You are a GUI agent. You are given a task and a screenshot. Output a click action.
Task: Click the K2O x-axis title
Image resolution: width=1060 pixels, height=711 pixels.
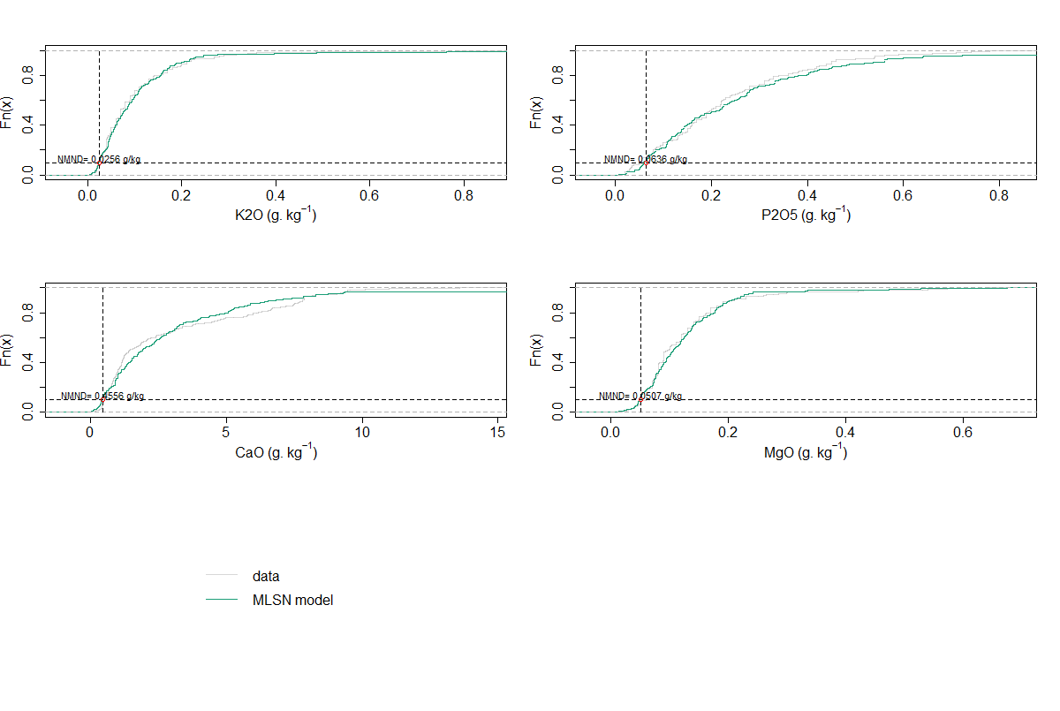[x=276, y=215]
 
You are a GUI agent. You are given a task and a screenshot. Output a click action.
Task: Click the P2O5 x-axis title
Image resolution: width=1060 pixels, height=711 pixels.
[x=805, y=215]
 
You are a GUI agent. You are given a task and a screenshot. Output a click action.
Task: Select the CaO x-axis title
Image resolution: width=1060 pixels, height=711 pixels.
[x=276, y=452]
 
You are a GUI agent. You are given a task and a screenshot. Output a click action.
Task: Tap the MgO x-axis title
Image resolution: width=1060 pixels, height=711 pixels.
[x=805, y=452]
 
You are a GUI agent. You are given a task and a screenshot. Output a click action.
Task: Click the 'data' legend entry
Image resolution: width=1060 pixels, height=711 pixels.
[x=265, y=576]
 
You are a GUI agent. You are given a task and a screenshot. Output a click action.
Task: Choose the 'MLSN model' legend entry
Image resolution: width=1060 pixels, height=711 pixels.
[x=292, y=600]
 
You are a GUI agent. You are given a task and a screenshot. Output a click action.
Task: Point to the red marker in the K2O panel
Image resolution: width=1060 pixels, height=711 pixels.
[x=100, y=163]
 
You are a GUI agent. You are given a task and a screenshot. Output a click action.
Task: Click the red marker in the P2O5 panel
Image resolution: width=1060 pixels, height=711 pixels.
[x=647, y=163]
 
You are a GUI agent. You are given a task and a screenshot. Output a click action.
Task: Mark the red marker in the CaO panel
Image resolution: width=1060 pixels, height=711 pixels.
[x=103, y=399]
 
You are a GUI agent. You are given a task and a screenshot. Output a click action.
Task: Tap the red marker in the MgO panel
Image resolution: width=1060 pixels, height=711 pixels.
[x=640, y=399]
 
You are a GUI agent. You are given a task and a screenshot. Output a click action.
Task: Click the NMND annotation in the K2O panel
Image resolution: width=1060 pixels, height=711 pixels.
[x=99, y=159]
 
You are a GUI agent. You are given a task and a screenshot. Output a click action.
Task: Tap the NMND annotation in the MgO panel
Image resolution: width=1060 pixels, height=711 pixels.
[x=640, y=396]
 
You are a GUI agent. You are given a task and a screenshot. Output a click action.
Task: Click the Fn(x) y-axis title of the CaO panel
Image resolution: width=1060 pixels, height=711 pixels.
[x=8, y=350]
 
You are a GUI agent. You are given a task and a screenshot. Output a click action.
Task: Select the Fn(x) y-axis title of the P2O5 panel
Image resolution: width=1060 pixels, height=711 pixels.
[x=536, y=113]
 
